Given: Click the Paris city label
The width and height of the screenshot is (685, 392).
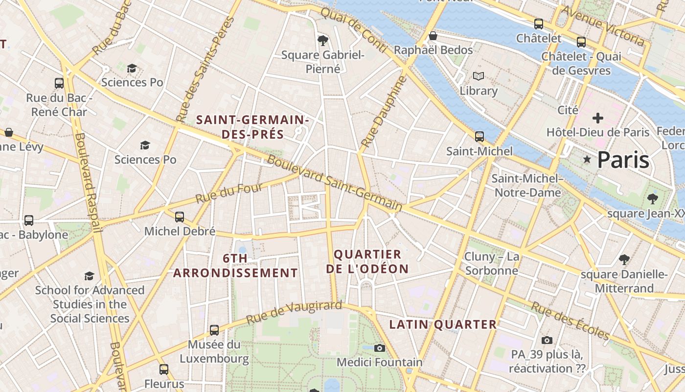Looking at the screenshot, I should click(x=623, y=160).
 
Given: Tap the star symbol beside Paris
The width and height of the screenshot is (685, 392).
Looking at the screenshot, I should click(x=587, y=159).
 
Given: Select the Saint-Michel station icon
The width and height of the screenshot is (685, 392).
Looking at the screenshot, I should click(x=479, y=137).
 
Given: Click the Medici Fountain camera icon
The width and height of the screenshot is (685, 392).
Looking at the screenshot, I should click(x=379, y=348).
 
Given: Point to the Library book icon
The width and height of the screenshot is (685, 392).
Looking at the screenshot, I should click(x=478, y=76).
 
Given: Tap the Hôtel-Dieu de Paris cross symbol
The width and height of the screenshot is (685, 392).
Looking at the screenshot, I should click(x=597, y=118).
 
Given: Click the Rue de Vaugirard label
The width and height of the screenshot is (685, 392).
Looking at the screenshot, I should click(x=294, y=313).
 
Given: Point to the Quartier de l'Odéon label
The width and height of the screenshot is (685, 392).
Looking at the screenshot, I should click(x=367, y=262).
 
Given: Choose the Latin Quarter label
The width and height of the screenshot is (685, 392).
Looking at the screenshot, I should click(x=443, y=324).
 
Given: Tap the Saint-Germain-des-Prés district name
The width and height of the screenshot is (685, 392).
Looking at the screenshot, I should click(x=252, y=127).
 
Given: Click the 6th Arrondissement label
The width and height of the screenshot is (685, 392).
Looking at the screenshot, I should click(x=235, y=266).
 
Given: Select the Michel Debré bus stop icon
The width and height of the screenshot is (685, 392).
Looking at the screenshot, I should click(x=180, y=217).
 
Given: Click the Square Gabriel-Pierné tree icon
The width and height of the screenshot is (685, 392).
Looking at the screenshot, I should click(x=322, y=40).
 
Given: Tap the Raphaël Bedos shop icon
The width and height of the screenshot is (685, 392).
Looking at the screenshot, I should click(x=433, y=36).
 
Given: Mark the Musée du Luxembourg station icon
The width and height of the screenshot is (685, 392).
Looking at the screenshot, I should click(x=214, y=330).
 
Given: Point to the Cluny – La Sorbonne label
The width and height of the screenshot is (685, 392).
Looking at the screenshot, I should click(x=491, y=264).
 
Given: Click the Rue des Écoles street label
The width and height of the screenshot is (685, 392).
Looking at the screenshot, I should click(x=571, y=321).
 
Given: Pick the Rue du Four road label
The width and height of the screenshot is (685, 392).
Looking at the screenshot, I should click(x=229, y=193).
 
